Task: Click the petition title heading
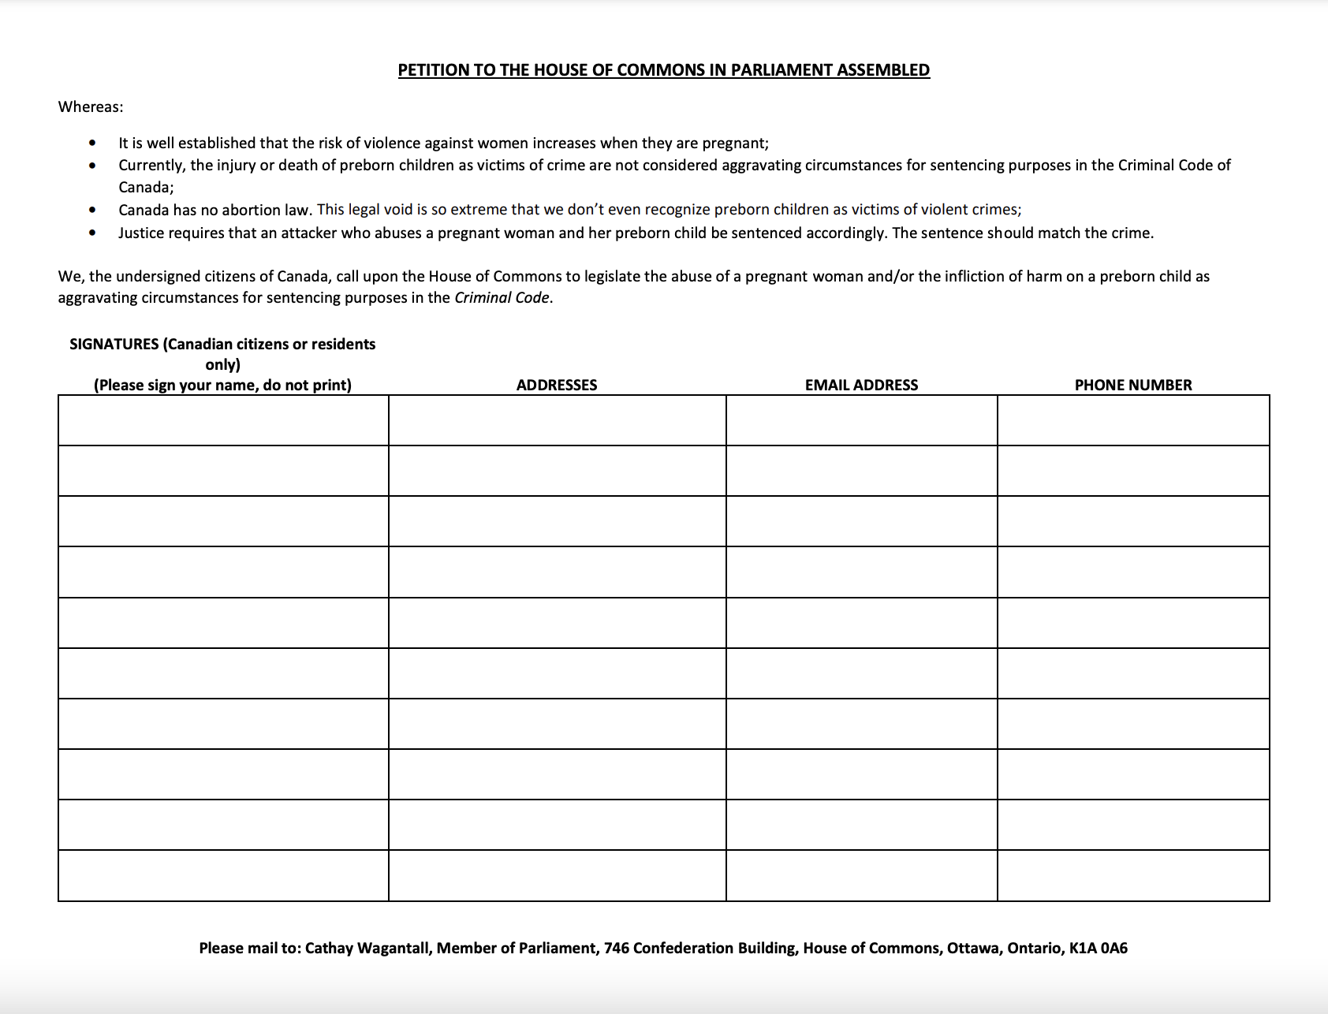663,70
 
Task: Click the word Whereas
90,107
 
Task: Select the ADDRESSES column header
557,385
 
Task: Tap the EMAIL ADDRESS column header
861,385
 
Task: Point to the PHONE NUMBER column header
1133,385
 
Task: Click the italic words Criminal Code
502,298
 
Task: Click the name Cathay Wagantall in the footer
367,948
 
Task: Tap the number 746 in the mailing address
616,948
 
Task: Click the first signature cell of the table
223,420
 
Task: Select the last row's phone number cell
1133,875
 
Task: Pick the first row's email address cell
861,420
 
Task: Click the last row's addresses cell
557,875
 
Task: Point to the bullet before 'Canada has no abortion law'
93,210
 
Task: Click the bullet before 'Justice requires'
93,233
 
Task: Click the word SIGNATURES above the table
114,344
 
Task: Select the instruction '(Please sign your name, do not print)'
222,385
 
